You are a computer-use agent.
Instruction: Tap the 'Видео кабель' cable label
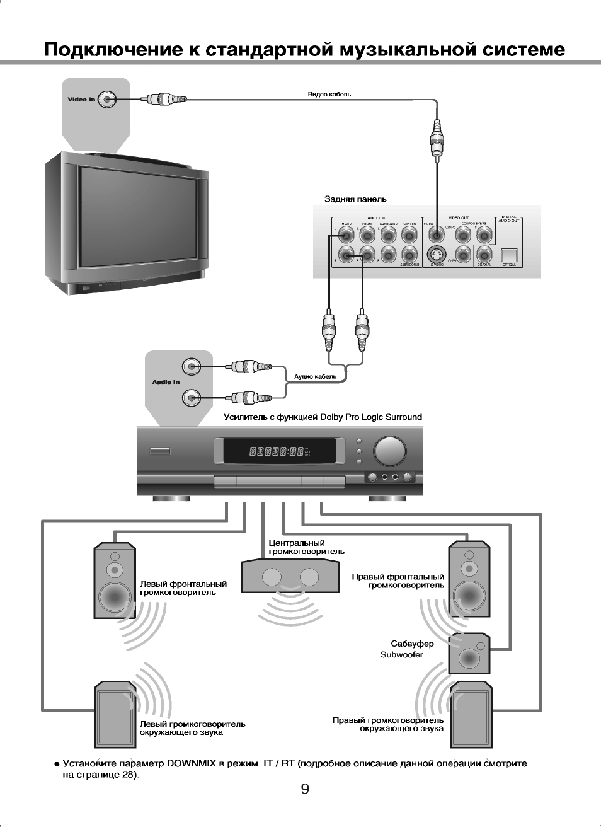329,95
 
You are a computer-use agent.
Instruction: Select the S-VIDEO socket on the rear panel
436,255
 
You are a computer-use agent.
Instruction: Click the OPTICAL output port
508,255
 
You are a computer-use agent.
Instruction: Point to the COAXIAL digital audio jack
484,255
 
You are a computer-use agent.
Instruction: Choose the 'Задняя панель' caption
355,199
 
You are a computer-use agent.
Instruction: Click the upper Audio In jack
192,366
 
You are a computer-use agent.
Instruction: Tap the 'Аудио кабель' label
315,377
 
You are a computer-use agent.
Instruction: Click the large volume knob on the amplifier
390,451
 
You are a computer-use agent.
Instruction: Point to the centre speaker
290,577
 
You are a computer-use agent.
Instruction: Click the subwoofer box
469,654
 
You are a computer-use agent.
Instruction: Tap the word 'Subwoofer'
402,655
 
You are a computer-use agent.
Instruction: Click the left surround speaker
115,714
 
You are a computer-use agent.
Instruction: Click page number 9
305,789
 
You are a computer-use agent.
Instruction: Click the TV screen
137,217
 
